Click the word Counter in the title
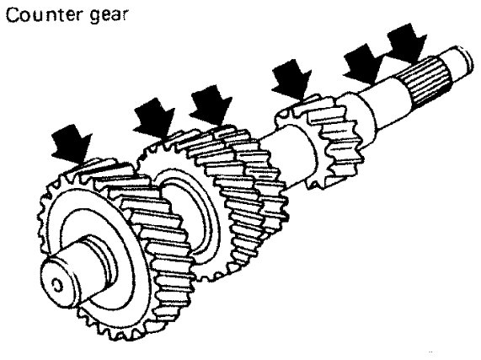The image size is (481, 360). click(45, 15)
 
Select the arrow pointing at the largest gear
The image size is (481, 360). click(72, 143)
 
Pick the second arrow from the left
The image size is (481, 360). click(153, 118)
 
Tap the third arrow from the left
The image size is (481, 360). click(211, 105)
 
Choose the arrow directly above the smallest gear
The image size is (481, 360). click(291, 80)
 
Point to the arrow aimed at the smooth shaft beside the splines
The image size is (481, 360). click(364, 64)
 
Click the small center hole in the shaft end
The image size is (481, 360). click(56, 286)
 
